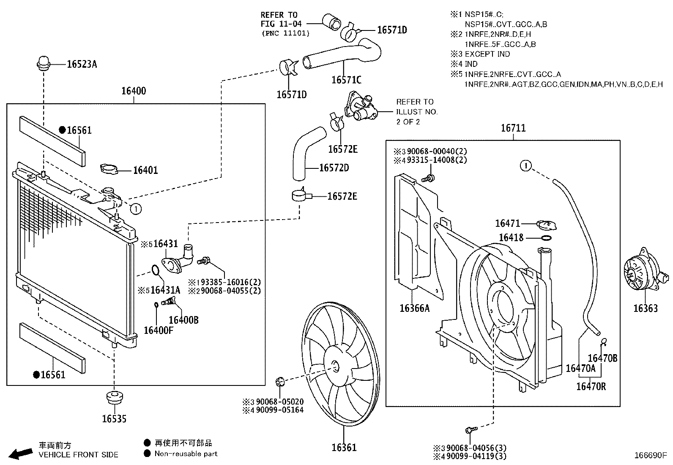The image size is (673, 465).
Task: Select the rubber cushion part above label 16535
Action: coord(114,398)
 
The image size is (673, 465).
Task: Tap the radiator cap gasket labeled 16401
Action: coord(110,169)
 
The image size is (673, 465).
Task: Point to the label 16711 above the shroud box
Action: coord(513,128)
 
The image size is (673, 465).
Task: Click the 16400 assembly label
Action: coord(134,91)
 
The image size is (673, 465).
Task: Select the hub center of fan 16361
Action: coord(334,366)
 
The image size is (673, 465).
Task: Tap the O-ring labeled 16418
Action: coord(546,238)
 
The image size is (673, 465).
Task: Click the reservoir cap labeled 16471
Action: coord(546,224)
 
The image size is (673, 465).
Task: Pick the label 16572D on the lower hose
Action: coord(334,168)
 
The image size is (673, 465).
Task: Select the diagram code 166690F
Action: coord(649,456)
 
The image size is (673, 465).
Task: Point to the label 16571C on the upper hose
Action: coord(346,80)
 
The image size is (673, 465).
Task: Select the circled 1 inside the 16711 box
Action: coord(525,165)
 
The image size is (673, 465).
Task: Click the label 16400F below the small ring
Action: coord(158,330)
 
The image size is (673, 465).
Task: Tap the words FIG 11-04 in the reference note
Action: coord(281,24)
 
